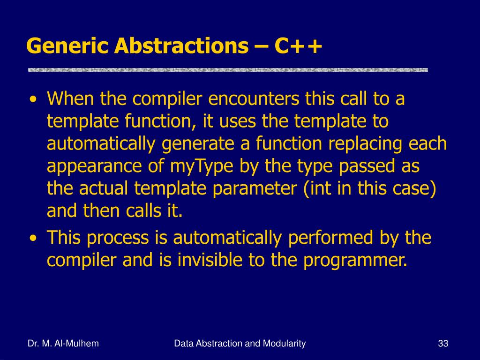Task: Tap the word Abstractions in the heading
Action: (x=181, y=46)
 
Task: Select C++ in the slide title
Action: (x=298, y=46)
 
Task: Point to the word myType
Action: (x=202, y=166)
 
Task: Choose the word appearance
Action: (x=94, y=167)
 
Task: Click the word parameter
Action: (x=255, y=189)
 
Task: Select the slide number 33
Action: (x=443, y=344)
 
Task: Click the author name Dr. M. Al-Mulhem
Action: (x=63, y=344)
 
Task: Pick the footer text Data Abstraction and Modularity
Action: (x=240, y=344)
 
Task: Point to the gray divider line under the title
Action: (x=228, y=70)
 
